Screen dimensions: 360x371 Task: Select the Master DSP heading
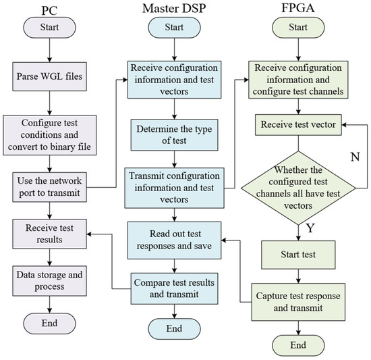pyautogui.click(x=175, y=9)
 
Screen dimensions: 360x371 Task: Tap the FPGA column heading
pyautogui.click(x=297, y=9)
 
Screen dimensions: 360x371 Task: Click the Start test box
pyautogui.click(x=297, y=255)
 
